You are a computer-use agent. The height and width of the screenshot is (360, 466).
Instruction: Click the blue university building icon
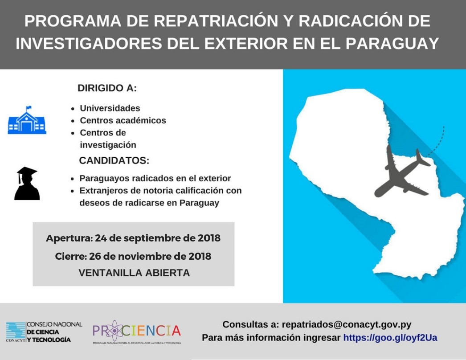pos(27,120)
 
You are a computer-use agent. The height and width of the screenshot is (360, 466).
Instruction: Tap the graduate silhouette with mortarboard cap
pos(27,183)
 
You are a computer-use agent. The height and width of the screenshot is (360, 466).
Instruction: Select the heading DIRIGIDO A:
pos(107,88)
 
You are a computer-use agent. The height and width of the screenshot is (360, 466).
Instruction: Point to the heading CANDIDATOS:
pos(114,160)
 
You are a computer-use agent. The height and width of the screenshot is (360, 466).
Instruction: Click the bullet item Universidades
pos(110,108)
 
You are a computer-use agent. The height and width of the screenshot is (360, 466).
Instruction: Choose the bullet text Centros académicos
pos(123,120)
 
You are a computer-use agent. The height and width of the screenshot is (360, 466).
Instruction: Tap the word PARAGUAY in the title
pos(392,43)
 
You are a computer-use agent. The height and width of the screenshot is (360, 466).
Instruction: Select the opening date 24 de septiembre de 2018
pos(158,238)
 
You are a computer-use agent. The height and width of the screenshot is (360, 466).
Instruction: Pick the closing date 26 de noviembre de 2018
pos(150,256)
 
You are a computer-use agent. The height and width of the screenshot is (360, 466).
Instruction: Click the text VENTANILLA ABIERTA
pos(135,273)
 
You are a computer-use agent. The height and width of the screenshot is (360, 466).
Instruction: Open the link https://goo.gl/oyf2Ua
pos(390,338)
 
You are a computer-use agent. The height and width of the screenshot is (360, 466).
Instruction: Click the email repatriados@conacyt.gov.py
pos(347,324)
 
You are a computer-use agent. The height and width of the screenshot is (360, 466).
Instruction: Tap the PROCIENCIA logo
pos(137,332)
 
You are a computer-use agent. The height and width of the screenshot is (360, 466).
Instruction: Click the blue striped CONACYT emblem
pos(16,332)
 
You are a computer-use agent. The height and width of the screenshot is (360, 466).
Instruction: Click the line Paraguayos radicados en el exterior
pos(155,178)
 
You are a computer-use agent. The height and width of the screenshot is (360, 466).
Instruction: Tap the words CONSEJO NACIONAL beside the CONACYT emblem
pos(54,324)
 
